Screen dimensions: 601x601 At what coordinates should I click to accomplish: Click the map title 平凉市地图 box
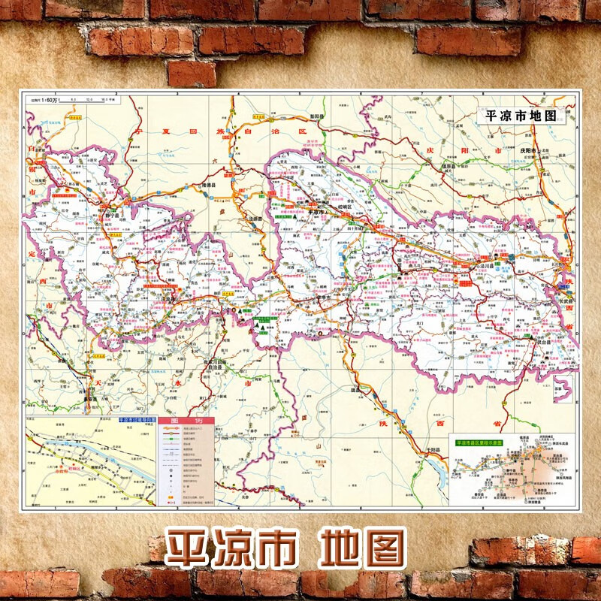[x=521, y=116]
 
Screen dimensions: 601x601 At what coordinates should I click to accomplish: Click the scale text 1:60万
[x=44, y=98]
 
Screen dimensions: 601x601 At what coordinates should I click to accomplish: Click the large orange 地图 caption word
[x=361, y=547]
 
